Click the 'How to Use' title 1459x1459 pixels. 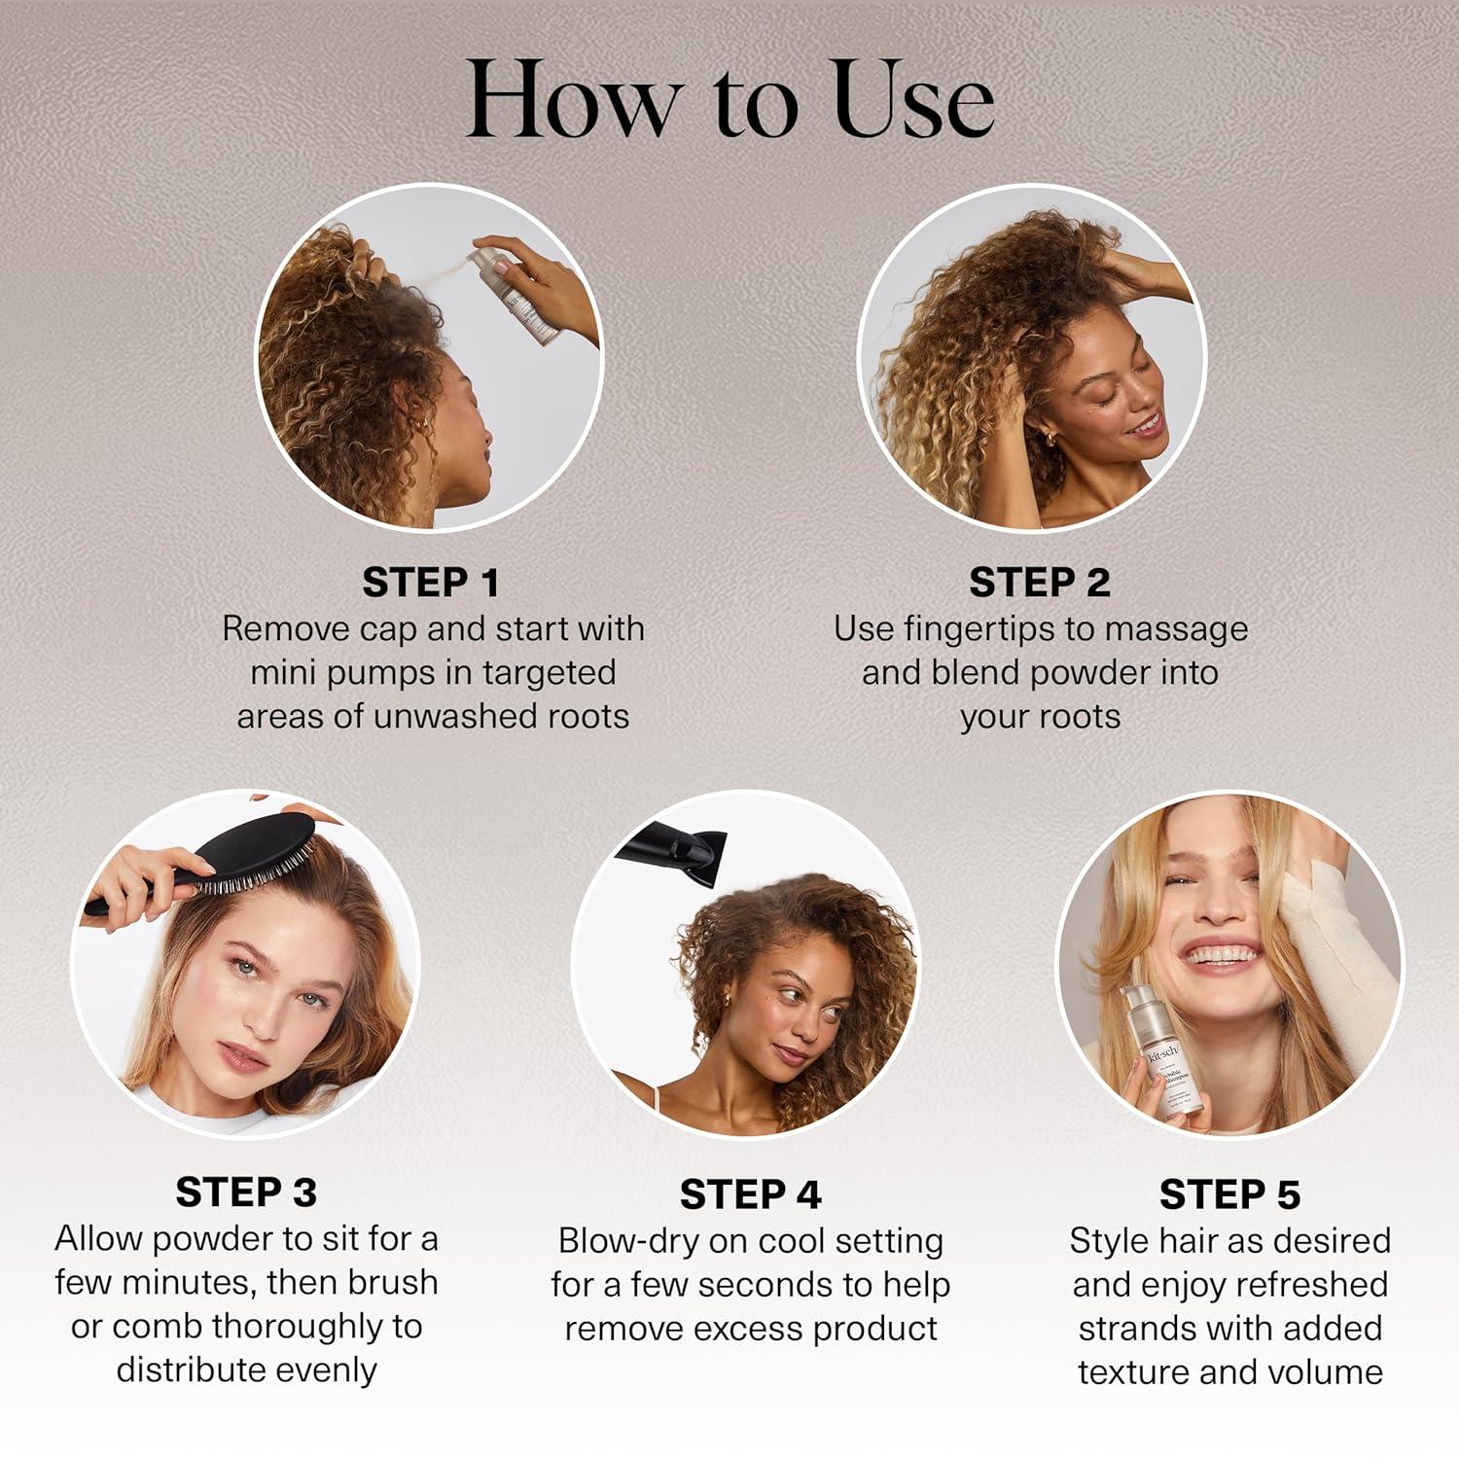pyautogui.click(x=729, y=100)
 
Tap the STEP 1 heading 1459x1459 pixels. pyautogui.click(x=431, y=583)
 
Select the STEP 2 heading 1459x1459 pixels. pyautogui.click(x=1039, y=583)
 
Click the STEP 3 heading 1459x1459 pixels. pyautogui.click(x=246, y=1192)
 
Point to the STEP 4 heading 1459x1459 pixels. pyautogui.click(x=750, y=1194)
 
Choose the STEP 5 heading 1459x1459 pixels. pyautogui.click(x=1229, y=1194)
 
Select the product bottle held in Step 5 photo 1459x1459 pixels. pyautogui.click(x=1162, y=1055)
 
